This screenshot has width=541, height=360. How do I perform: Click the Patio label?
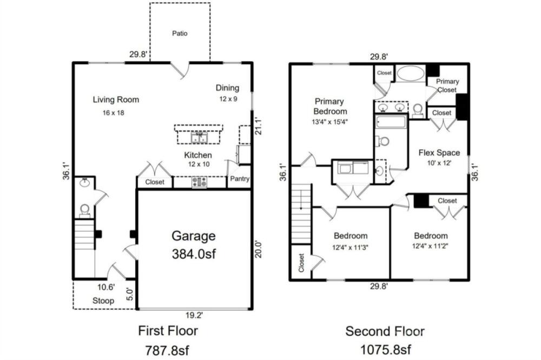pos(180,34)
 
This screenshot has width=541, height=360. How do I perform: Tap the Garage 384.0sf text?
pos(194,245)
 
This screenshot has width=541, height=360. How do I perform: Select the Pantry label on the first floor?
pos(240,178)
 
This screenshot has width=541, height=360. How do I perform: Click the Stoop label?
pos(103,301)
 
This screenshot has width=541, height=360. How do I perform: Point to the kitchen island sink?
pos(200,137)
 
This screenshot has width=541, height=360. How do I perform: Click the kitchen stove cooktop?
pos(200,182)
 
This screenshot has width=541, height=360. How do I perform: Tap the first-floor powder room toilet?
pos(84,210)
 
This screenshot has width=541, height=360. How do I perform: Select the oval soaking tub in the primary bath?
pos(411,73)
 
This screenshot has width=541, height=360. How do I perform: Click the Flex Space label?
pos(439,153)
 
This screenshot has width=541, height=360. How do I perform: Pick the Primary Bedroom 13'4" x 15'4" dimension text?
pos(329,122)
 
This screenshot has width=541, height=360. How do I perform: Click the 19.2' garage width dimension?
pos(194,315)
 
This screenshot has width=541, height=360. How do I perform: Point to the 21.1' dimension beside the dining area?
pos(258,126)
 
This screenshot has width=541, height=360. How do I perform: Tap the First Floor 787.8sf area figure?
pos(167,350)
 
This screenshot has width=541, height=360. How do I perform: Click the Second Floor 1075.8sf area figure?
pos(385,350)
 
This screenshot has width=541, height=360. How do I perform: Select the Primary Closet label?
pos(447,85)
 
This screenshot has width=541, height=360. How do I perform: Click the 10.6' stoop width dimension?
pos(106,287)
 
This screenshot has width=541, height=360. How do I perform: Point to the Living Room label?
pos(116,99)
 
